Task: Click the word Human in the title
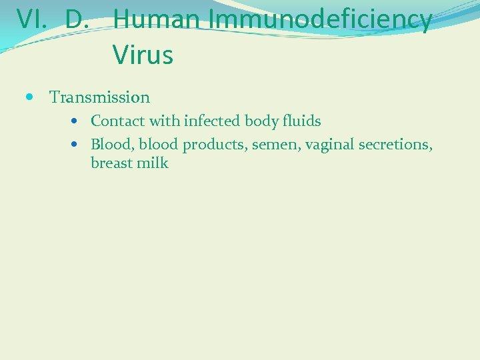(158, 20)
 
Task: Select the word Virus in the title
(143, 55)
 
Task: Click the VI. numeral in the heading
(31, 20)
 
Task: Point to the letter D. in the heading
(77, 20)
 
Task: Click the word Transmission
(100, 97)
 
